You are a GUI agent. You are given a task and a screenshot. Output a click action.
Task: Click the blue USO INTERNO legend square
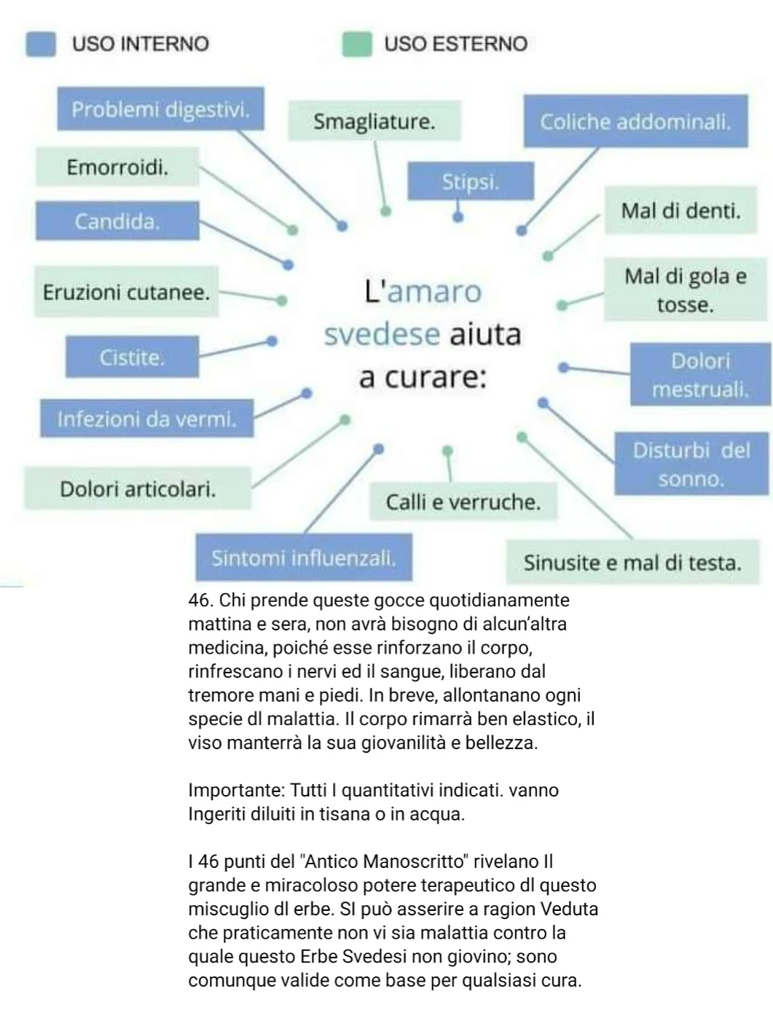click(x=41, y=44)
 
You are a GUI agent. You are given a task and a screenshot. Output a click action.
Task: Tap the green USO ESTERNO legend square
click(x=357, y=44)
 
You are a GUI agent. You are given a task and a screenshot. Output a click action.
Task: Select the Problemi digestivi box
click(x=160, y=109)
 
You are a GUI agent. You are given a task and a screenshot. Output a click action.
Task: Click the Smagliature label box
click(x=374, y=121)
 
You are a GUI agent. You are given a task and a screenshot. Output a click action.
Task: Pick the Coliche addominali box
click(x=635, y=122)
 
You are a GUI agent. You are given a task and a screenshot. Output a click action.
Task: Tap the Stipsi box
click(x=470, y=181)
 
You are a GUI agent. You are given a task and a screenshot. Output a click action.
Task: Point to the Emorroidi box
click(x=117, y=167)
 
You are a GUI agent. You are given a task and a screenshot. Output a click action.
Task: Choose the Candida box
click(x=117, y=221)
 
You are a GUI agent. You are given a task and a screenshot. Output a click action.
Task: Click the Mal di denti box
click(x=680, y=211)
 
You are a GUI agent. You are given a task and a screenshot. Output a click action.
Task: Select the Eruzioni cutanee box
click(x=126, y=292)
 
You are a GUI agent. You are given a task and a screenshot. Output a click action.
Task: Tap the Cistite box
click(x=132, y=357)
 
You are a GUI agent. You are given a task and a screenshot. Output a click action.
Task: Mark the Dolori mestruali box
click(x=699, y=375)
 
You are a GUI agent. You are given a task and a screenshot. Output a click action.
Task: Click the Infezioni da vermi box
click(x=146, y=418)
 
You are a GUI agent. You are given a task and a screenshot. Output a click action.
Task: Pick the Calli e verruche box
click(x=463, y=501)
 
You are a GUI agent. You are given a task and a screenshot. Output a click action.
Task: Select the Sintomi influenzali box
click(x=303, y=557)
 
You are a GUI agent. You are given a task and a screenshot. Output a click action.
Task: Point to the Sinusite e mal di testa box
click(x=632, y=562)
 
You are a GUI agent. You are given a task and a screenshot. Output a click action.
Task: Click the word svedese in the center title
click(x=382, y=334)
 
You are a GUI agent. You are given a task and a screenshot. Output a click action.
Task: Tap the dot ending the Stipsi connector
click(x=458, y=216)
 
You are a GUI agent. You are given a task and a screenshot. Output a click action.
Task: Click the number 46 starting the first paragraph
click(x=198, y=600)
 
